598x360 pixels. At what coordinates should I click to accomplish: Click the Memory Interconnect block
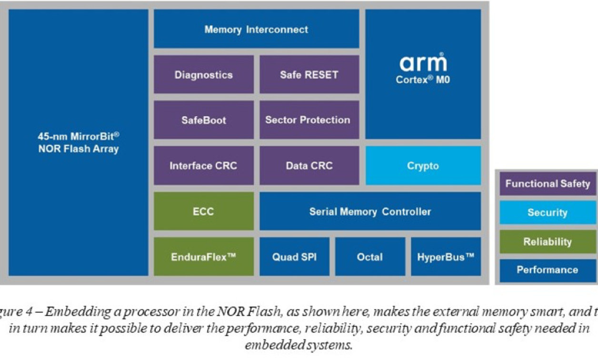[x=256, y=29]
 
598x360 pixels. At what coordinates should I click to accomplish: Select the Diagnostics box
[x=203, y=75]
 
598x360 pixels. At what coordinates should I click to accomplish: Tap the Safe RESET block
[x=309, y=75]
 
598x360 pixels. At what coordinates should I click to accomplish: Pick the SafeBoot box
[x=203, y=120]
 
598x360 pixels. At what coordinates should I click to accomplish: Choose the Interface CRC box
[x=203, y=166]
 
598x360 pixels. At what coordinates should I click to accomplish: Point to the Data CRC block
[x=309, y=166]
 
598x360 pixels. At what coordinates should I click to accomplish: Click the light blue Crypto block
[x=423, y=166]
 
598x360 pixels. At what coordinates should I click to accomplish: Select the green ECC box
[x=203, y=211]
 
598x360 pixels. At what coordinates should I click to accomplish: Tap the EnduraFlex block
[x=203, y=257]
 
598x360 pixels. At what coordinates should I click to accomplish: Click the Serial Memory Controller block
[x=370, y=211]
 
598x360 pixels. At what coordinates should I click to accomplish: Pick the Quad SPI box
[x=294, y=257]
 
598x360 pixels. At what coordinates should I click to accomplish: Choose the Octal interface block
[x=370, y=257]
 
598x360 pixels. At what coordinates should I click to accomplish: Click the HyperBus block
[x=446, y=257]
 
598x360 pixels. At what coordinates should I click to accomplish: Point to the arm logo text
[x=423, y=63]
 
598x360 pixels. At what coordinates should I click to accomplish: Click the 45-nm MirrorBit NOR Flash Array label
[x=79, y=142]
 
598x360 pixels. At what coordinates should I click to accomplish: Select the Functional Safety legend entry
[x=548, y=184]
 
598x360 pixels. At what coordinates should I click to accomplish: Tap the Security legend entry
[x=548, y=212]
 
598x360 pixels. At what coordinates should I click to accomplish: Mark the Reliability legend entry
[x=548, y=241]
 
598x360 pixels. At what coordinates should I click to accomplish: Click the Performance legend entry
[x=548, y=270]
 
